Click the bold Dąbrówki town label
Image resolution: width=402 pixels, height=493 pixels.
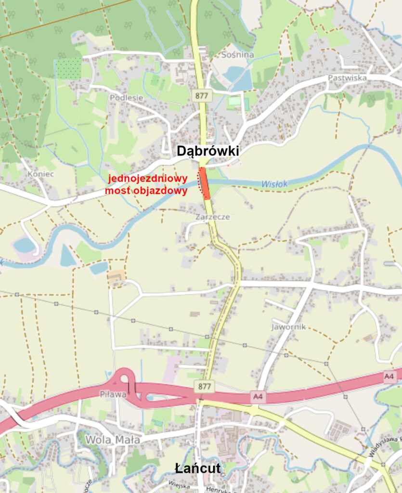click(x=207, y=151)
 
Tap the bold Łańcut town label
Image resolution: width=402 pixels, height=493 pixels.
click(x=197, y=468)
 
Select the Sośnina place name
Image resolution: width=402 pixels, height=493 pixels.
click(x=237, y=54)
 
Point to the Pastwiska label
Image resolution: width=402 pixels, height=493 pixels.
click(x=347, y=78)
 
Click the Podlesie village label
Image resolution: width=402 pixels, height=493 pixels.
click(x=127, y=98)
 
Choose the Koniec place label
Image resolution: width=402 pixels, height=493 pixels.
click(x=41, y=174)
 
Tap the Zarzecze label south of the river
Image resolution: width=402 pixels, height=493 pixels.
click(x=212, y=217)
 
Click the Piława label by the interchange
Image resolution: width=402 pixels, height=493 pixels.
click(x=113, y=394)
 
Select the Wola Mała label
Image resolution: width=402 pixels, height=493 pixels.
click(x=113, y=440)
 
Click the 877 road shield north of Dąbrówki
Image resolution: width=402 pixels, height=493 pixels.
click(x=202, y=95)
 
